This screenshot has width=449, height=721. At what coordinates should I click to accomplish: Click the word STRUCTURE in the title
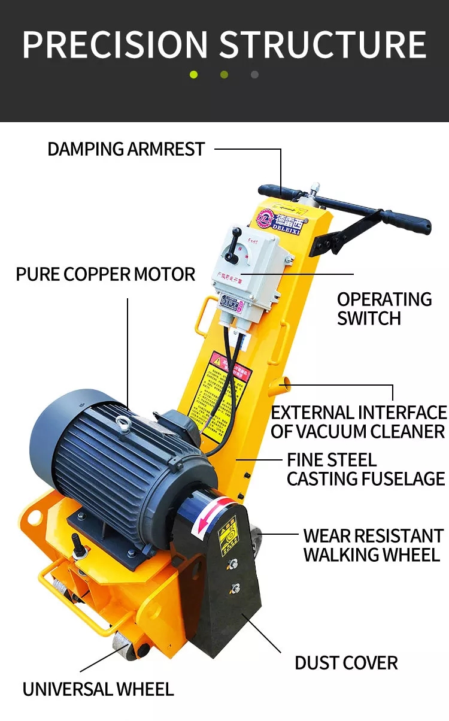click(323, 44)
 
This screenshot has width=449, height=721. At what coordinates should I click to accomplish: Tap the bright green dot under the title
click(193, 75)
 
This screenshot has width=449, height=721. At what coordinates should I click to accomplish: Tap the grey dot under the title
click(254, 75)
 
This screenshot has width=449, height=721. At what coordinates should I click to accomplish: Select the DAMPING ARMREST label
click(126, 149)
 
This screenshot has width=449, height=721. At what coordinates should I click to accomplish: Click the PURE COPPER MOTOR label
click(105, 274)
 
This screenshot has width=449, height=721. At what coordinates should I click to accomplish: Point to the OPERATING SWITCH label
click(384, 308)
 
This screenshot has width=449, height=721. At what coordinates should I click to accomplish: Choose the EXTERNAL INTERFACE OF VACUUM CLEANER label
click(358, 422)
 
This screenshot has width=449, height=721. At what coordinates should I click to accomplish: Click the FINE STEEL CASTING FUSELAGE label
click(365, 469)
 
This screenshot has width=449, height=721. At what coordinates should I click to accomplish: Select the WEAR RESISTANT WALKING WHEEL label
click(372, 544)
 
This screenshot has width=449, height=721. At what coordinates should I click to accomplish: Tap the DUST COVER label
click(346, 663)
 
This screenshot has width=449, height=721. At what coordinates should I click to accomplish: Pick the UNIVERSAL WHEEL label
click(98, 689)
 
